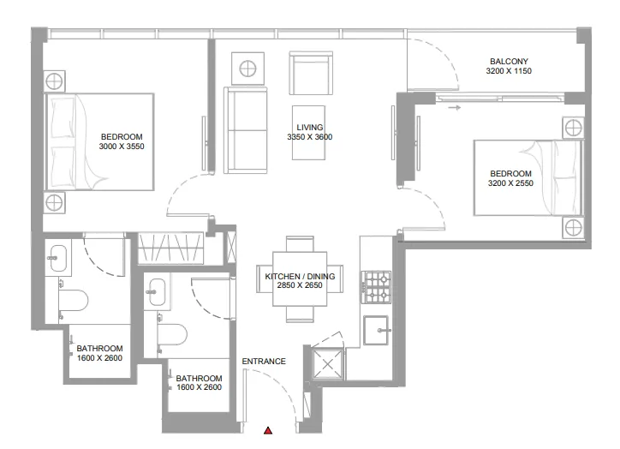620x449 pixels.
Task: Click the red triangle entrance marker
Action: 268,430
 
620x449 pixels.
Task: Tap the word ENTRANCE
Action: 264,362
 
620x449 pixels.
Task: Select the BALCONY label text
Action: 509,62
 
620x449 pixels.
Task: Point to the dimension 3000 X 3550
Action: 122,147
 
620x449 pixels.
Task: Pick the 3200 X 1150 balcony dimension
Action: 509,72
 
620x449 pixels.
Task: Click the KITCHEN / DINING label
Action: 300,277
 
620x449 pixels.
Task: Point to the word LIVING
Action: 310,127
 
